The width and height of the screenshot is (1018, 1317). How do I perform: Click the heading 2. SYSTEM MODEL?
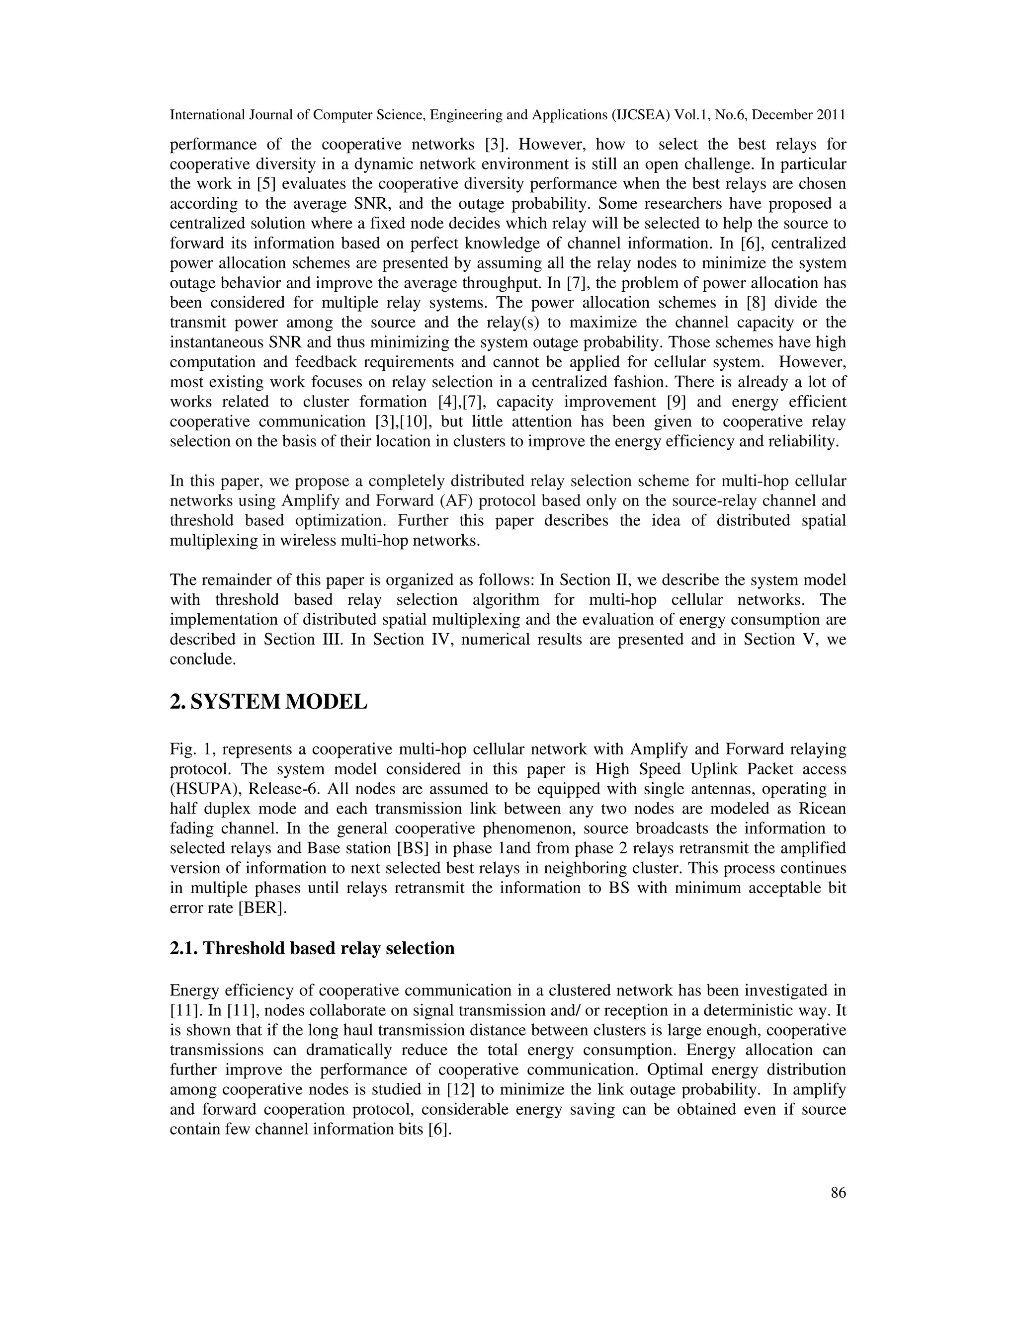(268, 701)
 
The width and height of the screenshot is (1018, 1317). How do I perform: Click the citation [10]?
(413, 421)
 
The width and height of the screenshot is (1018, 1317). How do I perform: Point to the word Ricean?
(818, 809)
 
